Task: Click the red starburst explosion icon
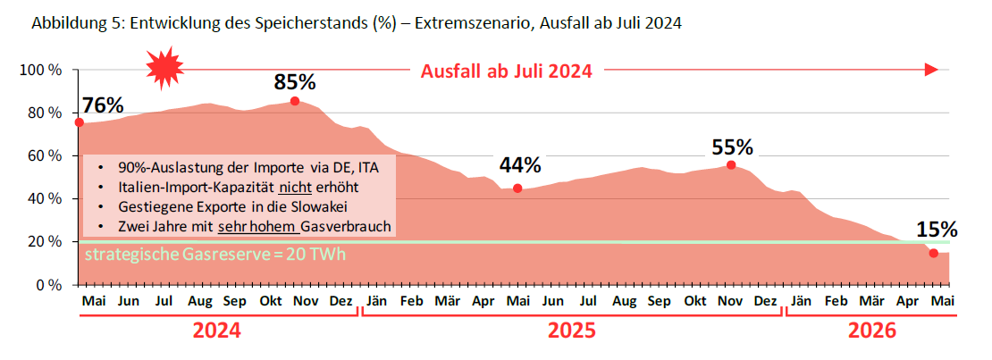coord(164,68)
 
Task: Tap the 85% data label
coord(295,82)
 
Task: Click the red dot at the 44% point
coord(517,188)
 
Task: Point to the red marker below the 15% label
coord(934,254)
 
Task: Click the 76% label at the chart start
coord(103,105)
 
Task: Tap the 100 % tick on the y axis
coord(40,70)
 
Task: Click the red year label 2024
coord(216,331)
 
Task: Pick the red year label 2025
coord(572,331)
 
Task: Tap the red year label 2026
coord(871,331)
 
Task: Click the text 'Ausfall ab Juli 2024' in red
coord(507,71)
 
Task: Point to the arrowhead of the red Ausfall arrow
coord(931,70)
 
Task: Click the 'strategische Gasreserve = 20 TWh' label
coord(214,255)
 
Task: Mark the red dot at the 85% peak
coord(295,101)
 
